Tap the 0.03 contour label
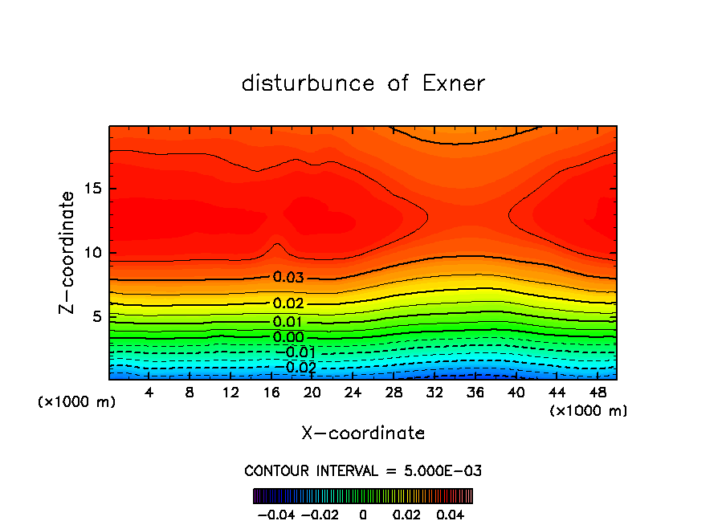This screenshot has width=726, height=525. point(288,278)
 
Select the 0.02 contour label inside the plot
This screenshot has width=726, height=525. point(288,303)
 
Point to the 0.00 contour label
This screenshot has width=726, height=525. point(288,337)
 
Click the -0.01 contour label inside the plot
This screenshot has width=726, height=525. point(296,352)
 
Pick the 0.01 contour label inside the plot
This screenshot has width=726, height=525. point(288,322)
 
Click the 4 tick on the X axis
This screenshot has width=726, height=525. point(149,393)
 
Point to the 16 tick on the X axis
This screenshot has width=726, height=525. point(271,393)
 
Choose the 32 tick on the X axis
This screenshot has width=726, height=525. point(434,393)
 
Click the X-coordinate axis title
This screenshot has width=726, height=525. point(363,433)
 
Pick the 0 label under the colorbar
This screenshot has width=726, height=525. point(363,514)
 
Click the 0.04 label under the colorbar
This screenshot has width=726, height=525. point(451,514)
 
